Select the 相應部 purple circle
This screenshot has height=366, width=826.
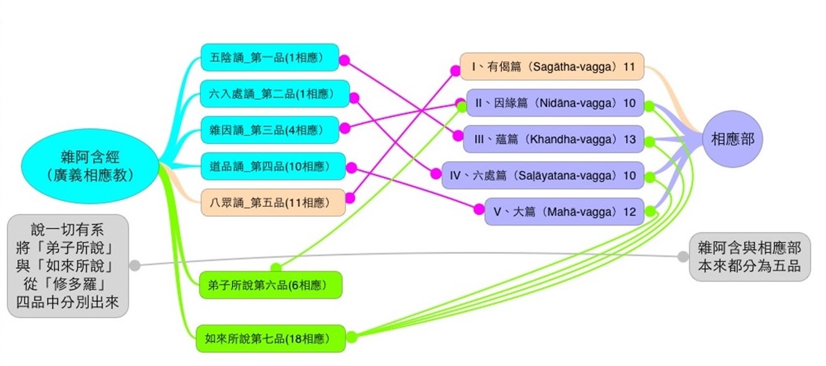[732, 140]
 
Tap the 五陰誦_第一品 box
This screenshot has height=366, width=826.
[269, 58]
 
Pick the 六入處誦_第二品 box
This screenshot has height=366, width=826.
[274, 94]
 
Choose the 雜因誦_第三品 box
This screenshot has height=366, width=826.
[269, 130]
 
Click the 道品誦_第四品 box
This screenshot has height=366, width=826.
[273, 167]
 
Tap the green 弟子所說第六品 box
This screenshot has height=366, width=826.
[270, 285]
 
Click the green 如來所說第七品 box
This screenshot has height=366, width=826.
[271, 338]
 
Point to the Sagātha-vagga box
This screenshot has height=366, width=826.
[552, 67]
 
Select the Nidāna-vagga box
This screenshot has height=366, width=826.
[555, 103]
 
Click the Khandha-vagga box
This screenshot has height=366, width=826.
[553, 139]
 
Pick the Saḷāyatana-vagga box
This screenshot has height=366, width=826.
[543, 175]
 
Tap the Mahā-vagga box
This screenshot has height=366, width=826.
[564, 212]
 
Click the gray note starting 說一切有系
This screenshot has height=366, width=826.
[68, 266]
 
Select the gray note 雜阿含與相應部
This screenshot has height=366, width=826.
[750, 256]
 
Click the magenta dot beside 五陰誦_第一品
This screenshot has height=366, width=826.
[344, 61]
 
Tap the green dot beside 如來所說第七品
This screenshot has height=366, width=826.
[352, 337]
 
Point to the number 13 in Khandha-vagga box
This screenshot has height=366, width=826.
[630, 139]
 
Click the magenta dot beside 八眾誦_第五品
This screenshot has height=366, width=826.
[350, 198]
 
